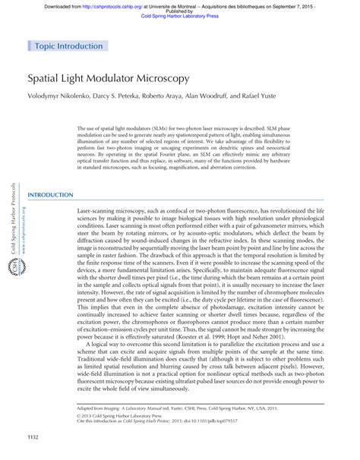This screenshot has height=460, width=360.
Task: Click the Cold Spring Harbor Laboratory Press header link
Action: (179, 16)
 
